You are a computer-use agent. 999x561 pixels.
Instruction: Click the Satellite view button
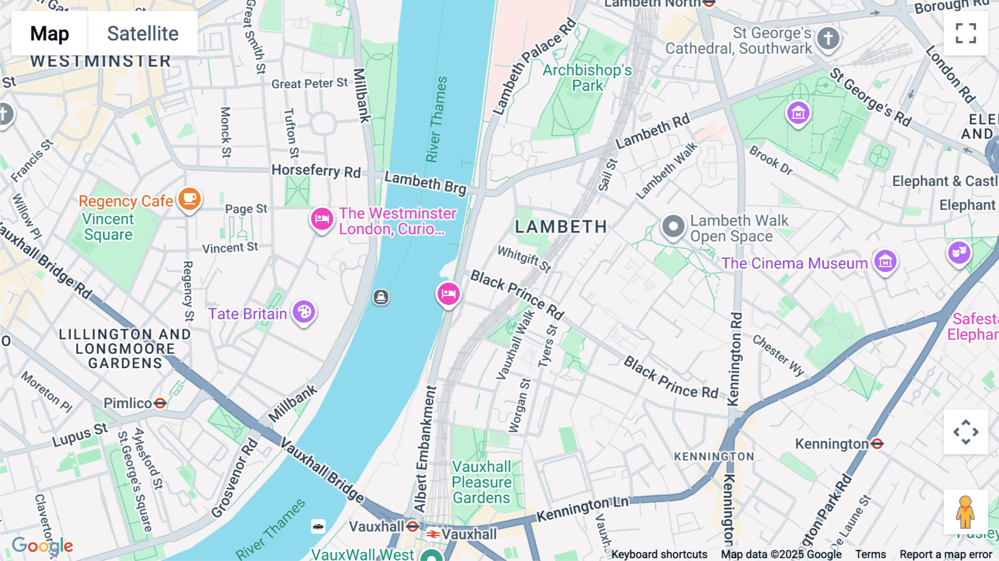[143, 33]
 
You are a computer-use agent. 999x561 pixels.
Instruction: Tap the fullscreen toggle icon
[966, 33]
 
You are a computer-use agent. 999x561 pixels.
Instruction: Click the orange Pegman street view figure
[965, 512]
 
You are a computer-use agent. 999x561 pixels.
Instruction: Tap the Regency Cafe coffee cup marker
[189, 198]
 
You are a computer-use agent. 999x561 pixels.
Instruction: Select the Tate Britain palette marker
[304, 312]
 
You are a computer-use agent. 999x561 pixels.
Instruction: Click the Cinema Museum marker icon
[885, 261]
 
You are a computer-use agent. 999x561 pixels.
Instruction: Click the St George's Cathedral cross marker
[828, 38]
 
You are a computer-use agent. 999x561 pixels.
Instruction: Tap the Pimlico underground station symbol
[160, 403]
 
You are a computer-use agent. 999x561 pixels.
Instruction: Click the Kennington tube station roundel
[877, 443]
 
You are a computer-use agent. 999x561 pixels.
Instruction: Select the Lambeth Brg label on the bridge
[426, 183]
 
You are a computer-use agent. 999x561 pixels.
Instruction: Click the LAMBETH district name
[561, 227]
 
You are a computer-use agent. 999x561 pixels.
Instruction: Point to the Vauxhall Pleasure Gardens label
[482, 482]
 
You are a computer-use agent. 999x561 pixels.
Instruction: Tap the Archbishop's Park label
[587, 78]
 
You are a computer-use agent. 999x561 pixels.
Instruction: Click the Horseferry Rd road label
[316, 171]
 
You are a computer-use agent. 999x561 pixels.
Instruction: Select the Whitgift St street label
[524, 259]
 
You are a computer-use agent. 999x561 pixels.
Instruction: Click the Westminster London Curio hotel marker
[322, 219]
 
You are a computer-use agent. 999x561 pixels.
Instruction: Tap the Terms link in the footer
[870, 554]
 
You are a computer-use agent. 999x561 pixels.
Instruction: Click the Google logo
[42, 545]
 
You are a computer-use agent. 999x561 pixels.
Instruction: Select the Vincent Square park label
[108, 227]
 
